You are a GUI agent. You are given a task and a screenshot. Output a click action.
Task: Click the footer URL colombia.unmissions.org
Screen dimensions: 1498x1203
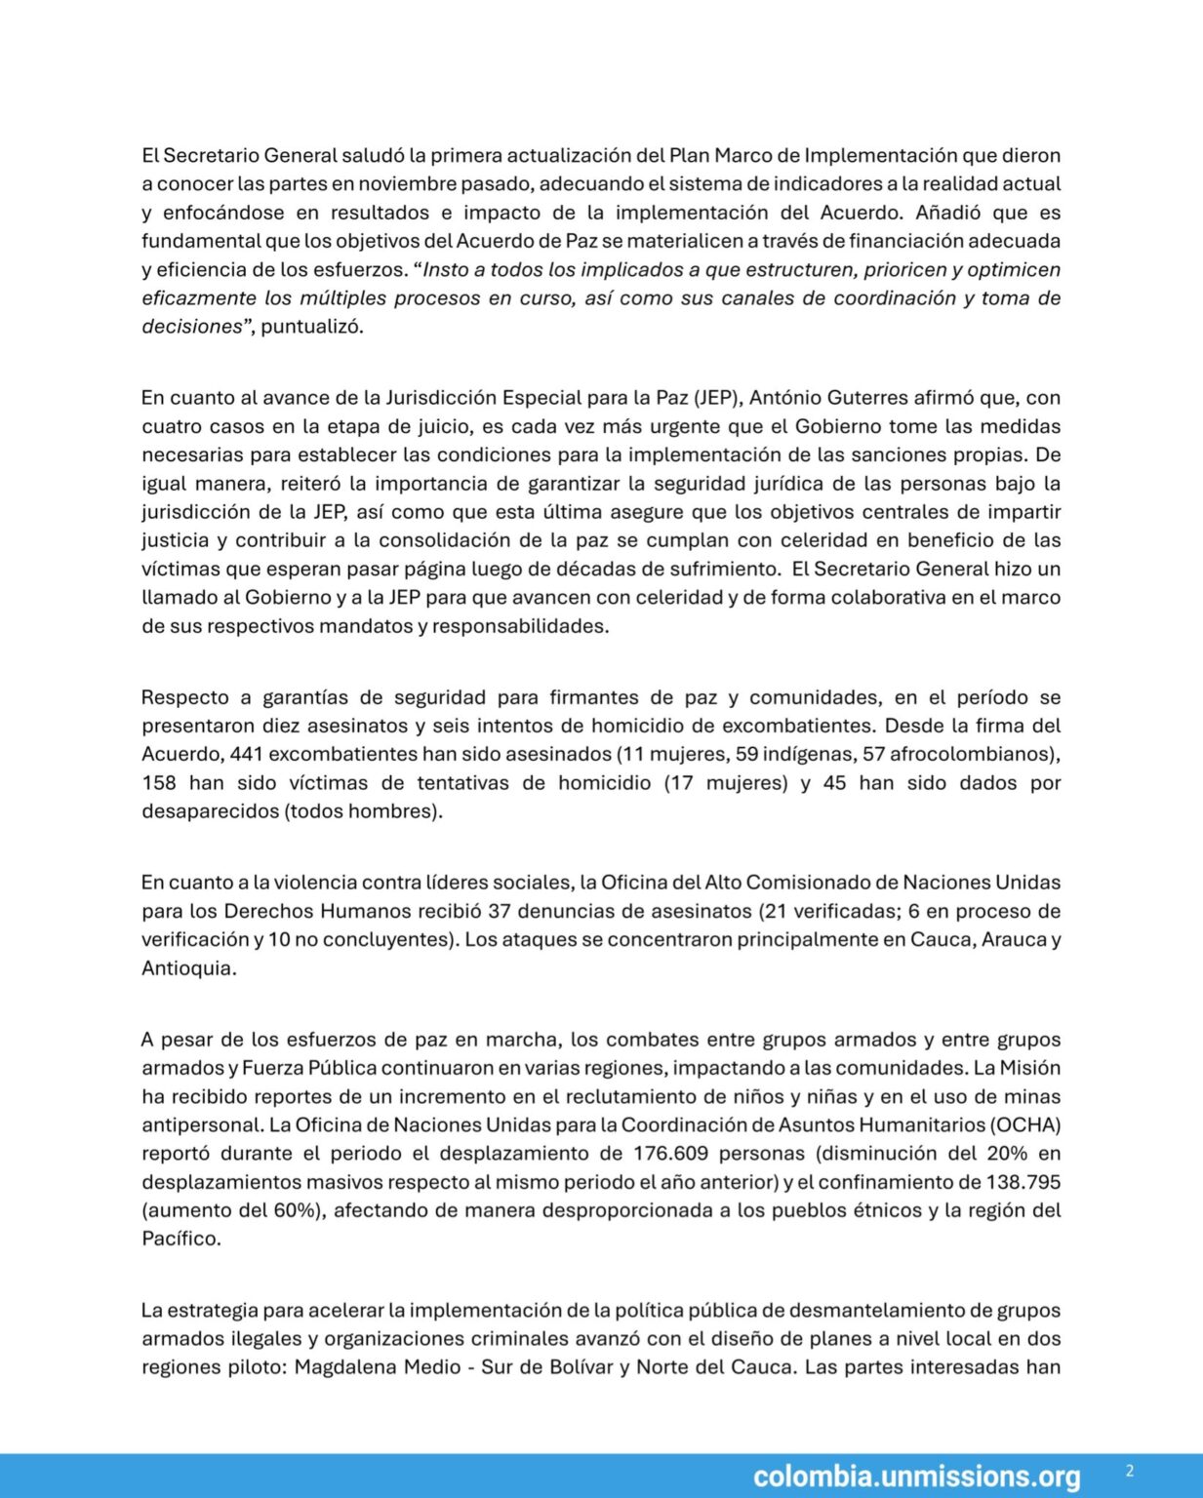916,1477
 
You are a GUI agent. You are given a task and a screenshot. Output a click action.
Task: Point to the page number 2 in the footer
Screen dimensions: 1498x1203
1130,1471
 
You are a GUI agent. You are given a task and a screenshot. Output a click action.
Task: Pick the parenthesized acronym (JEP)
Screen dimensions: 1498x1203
718,397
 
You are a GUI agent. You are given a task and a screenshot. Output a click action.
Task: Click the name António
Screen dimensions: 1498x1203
784,397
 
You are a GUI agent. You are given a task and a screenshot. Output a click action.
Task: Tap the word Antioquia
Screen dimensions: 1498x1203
188,967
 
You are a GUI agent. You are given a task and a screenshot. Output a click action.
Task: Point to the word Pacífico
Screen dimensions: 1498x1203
180,1238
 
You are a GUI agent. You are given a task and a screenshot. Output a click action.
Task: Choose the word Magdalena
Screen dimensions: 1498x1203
342,1366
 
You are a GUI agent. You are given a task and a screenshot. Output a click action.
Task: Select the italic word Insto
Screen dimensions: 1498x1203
446,269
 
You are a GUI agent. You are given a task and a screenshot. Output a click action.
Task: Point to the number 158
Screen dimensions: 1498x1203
158,782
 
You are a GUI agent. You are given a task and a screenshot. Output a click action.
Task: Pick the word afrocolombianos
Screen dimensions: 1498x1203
970,754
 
